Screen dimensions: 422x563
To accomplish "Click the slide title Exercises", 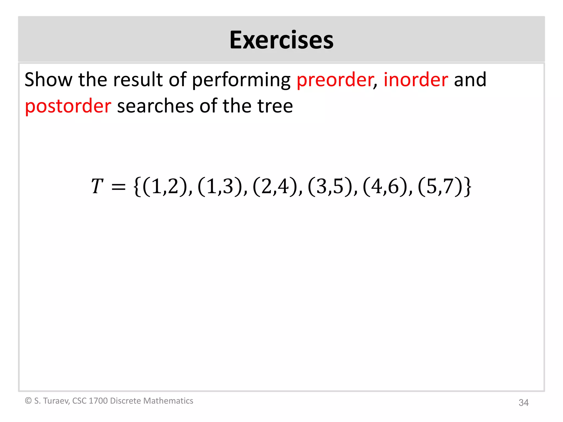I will click(281, 40).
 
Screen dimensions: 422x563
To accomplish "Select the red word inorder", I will click(416, 79).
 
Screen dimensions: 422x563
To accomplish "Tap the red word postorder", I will click(68, 106).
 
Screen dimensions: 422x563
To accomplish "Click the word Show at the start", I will click(48, 79).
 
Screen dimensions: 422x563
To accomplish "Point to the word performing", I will click(241, 80).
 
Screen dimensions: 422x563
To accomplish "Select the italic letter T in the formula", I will click(97, 186).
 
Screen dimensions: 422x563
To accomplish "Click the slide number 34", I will click(523, 402).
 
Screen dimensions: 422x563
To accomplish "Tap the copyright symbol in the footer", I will click(28, 401).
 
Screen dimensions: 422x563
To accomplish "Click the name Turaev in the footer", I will click(56, 401).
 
